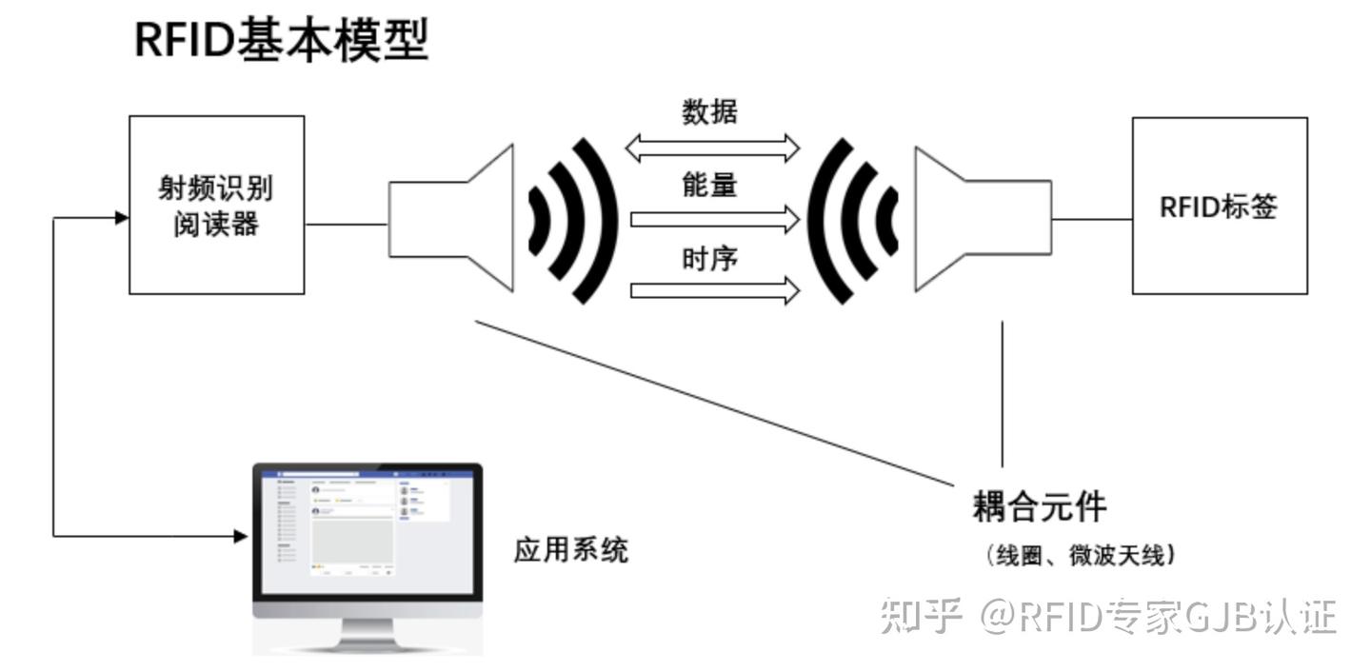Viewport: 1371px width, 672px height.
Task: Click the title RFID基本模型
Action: [x=282, y=40]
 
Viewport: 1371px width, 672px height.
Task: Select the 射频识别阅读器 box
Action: [x=216, y=205]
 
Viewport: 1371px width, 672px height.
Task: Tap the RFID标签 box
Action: [x=1219, y=206]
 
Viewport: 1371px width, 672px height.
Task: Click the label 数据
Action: [x=709, y=112]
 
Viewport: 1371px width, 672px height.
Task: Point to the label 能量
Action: [x=709, y=186]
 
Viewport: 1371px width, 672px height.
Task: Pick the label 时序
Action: [x=709, y=258]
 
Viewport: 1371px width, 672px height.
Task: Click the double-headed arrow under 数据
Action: [x=712, y=148]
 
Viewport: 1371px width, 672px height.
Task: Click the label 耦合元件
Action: [x=1039, y=505]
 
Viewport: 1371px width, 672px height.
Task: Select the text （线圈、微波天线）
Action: [x=1080, y=554]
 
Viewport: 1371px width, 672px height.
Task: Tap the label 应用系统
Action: [x=571, y=550]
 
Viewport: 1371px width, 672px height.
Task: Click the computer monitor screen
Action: [x=367, y=529]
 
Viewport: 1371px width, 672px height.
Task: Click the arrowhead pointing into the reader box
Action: [x=121, y=218]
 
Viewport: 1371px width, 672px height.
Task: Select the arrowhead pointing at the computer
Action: [x=241, y=536]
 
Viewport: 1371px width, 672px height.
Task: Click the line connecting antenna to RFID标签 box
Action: [x=1091, y=219]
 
